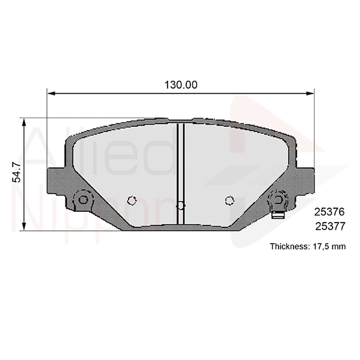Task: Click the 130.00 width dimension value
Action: [181, 85]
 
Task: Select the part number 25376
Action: [330, 212]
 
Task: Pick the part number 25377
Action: [330, 226]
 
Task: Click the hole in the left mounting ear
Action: [83, 199]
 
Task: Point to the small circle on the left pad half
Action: [132, 201]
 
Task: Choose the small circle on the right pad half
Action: [229, 201]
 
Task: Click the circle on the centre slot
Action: [180, 205]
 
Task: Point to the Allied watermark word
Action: [99, 152]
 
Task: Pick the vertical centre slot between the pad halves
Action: [180, 166]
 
